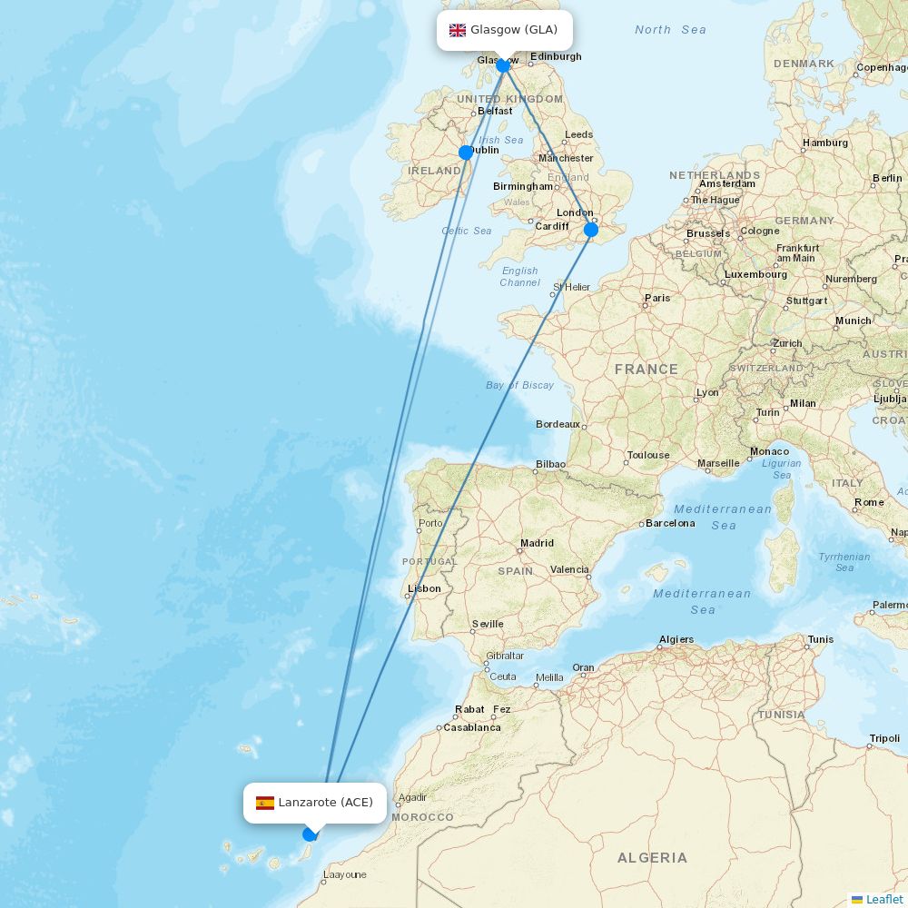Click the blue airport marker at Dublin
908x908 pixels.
466,153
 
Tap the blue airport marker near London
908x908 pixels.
591,230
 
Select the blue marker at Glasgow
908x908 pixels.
503,65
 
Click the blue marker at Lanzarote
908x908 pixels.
310,834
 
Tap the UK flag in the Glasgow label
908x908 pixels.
458,30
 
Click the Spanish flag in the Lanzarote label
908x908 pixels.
265,803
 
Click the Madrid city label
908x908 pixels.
537,543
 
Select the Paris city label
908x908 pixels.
657,298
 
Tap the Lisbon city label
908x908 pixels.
424,588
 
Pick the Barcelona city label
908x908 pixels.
670,523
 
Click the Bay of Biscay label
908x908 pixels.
519,385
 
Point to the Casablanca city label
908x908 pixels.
472,727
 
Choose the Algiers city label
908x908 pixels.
676,639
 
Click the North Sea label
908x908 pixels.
670,30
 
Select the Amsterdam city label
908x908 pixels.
727,183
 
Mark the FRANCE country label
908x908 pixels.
646,370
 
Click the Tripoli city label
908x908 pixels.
884,738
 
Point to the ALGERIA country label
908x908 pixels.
652,857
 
